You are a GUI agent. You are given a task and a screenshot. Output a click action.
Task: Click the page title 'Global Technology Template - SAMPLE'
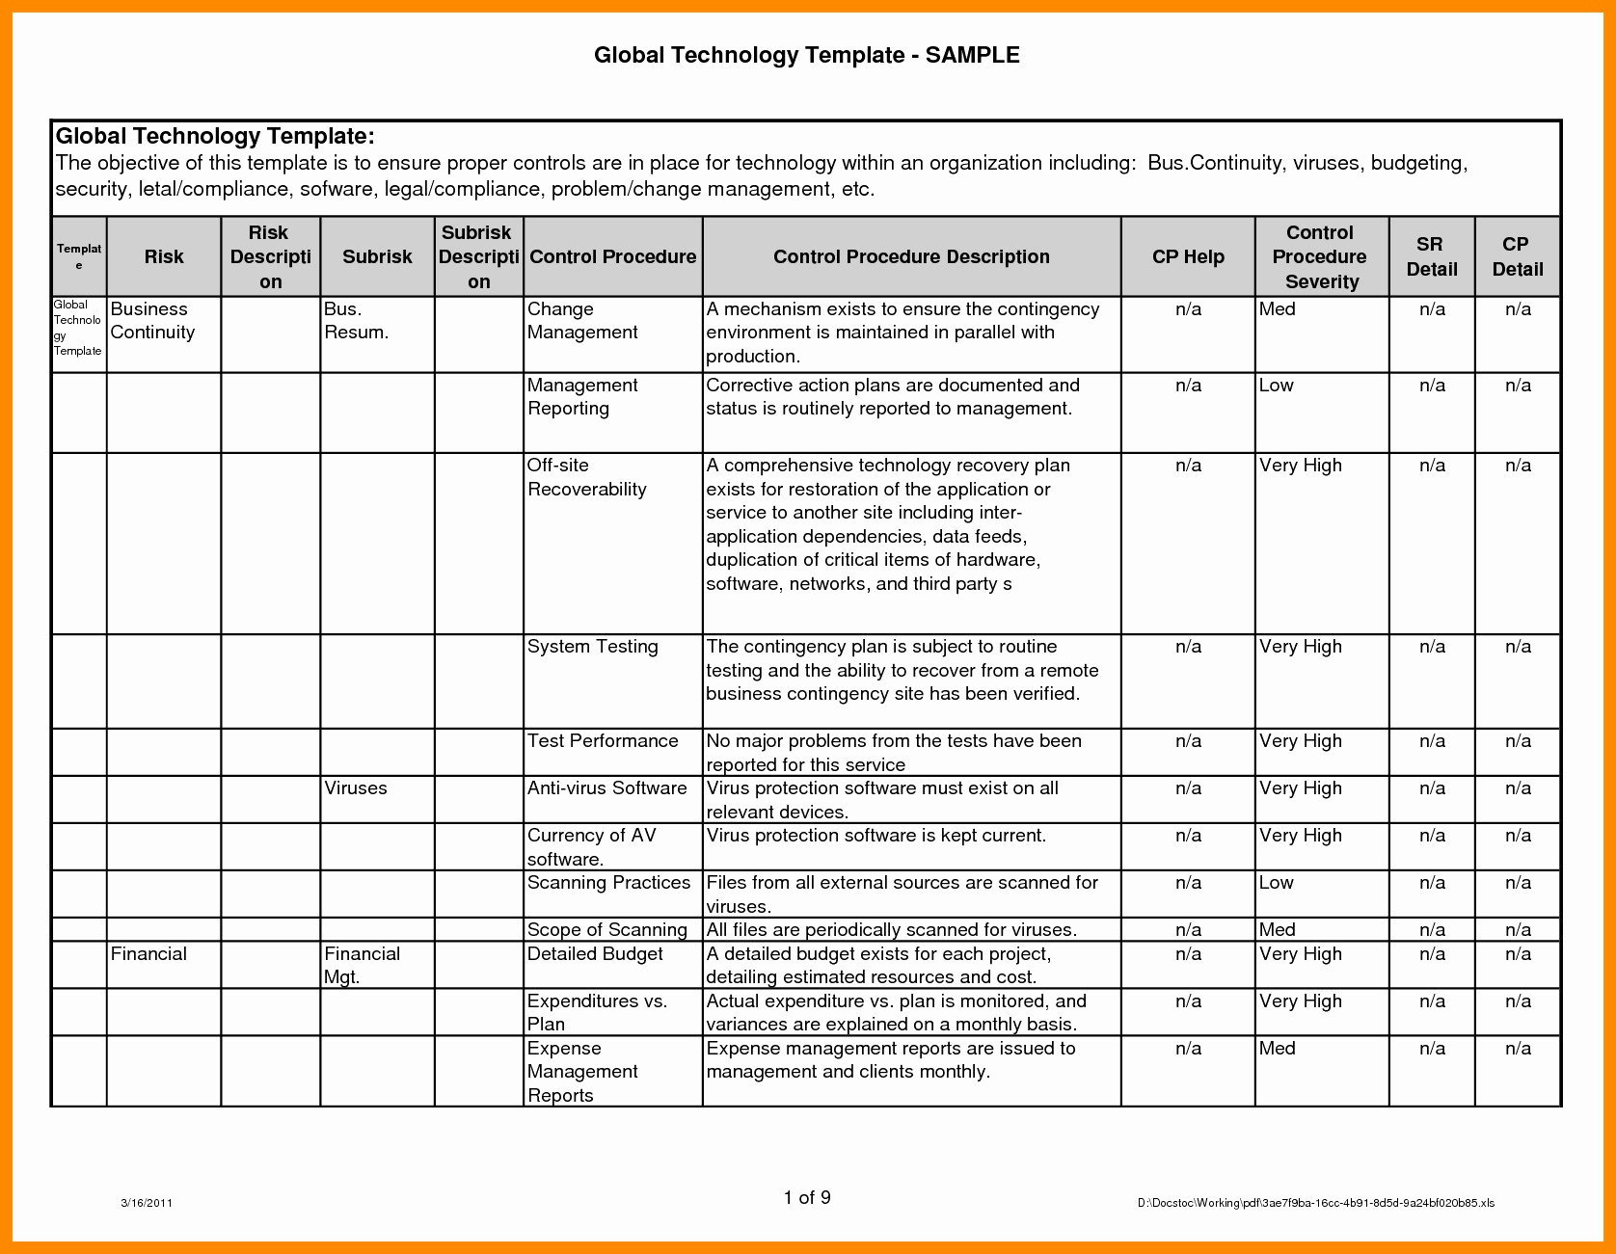806,55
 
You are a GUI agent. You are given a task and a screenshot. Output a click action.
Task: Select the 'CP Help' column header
1188,256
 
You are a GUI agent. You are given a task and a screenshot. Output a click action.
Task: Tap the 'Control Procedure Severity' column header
1320,256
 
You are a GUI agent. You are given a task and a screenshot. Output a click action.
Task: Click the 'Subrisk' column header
377,256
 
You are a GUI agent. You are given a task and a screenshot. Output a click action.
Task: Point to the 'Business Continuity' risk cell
153,321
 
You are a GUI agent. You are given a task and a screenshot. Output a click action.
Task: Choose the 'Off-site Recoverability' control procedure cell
586,477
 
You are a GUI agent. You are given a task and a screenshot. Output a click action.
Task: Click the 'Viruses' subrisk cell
356,787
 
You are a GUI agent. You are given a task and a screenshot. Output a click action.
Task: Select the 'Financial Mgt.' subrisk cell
362,965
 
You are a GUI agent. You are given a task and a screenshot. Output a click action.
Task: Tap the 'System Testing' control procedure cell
592,647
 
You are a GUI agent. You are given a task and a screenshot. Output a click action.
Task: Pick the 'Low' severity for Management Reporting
1277,386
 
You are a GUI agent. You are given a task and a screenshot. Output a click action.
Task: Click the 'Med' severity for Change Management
1278,309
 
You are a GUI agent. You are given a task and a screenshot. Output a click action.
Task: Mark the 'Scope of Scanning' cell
606,930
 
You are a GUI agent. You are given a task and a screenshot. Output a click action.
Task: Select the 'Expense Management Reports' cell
582,1071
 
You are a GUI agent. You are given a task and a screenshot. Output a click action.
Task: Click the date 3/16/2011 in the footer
147,1202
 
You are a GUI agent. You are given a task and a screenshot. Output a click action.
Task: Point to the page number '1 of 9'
807,1197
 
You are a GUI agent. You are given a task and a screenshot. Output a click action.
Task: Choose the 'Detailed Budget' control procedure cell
595,954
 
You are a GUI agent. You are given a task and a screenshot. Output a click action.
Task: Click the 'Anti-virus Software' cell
606,788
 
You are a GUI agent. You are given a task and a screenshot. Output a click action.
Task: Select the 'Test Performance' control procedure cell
603,741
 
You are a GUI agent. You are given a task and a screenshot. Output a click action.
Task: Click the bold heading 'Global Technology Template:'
215,136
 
